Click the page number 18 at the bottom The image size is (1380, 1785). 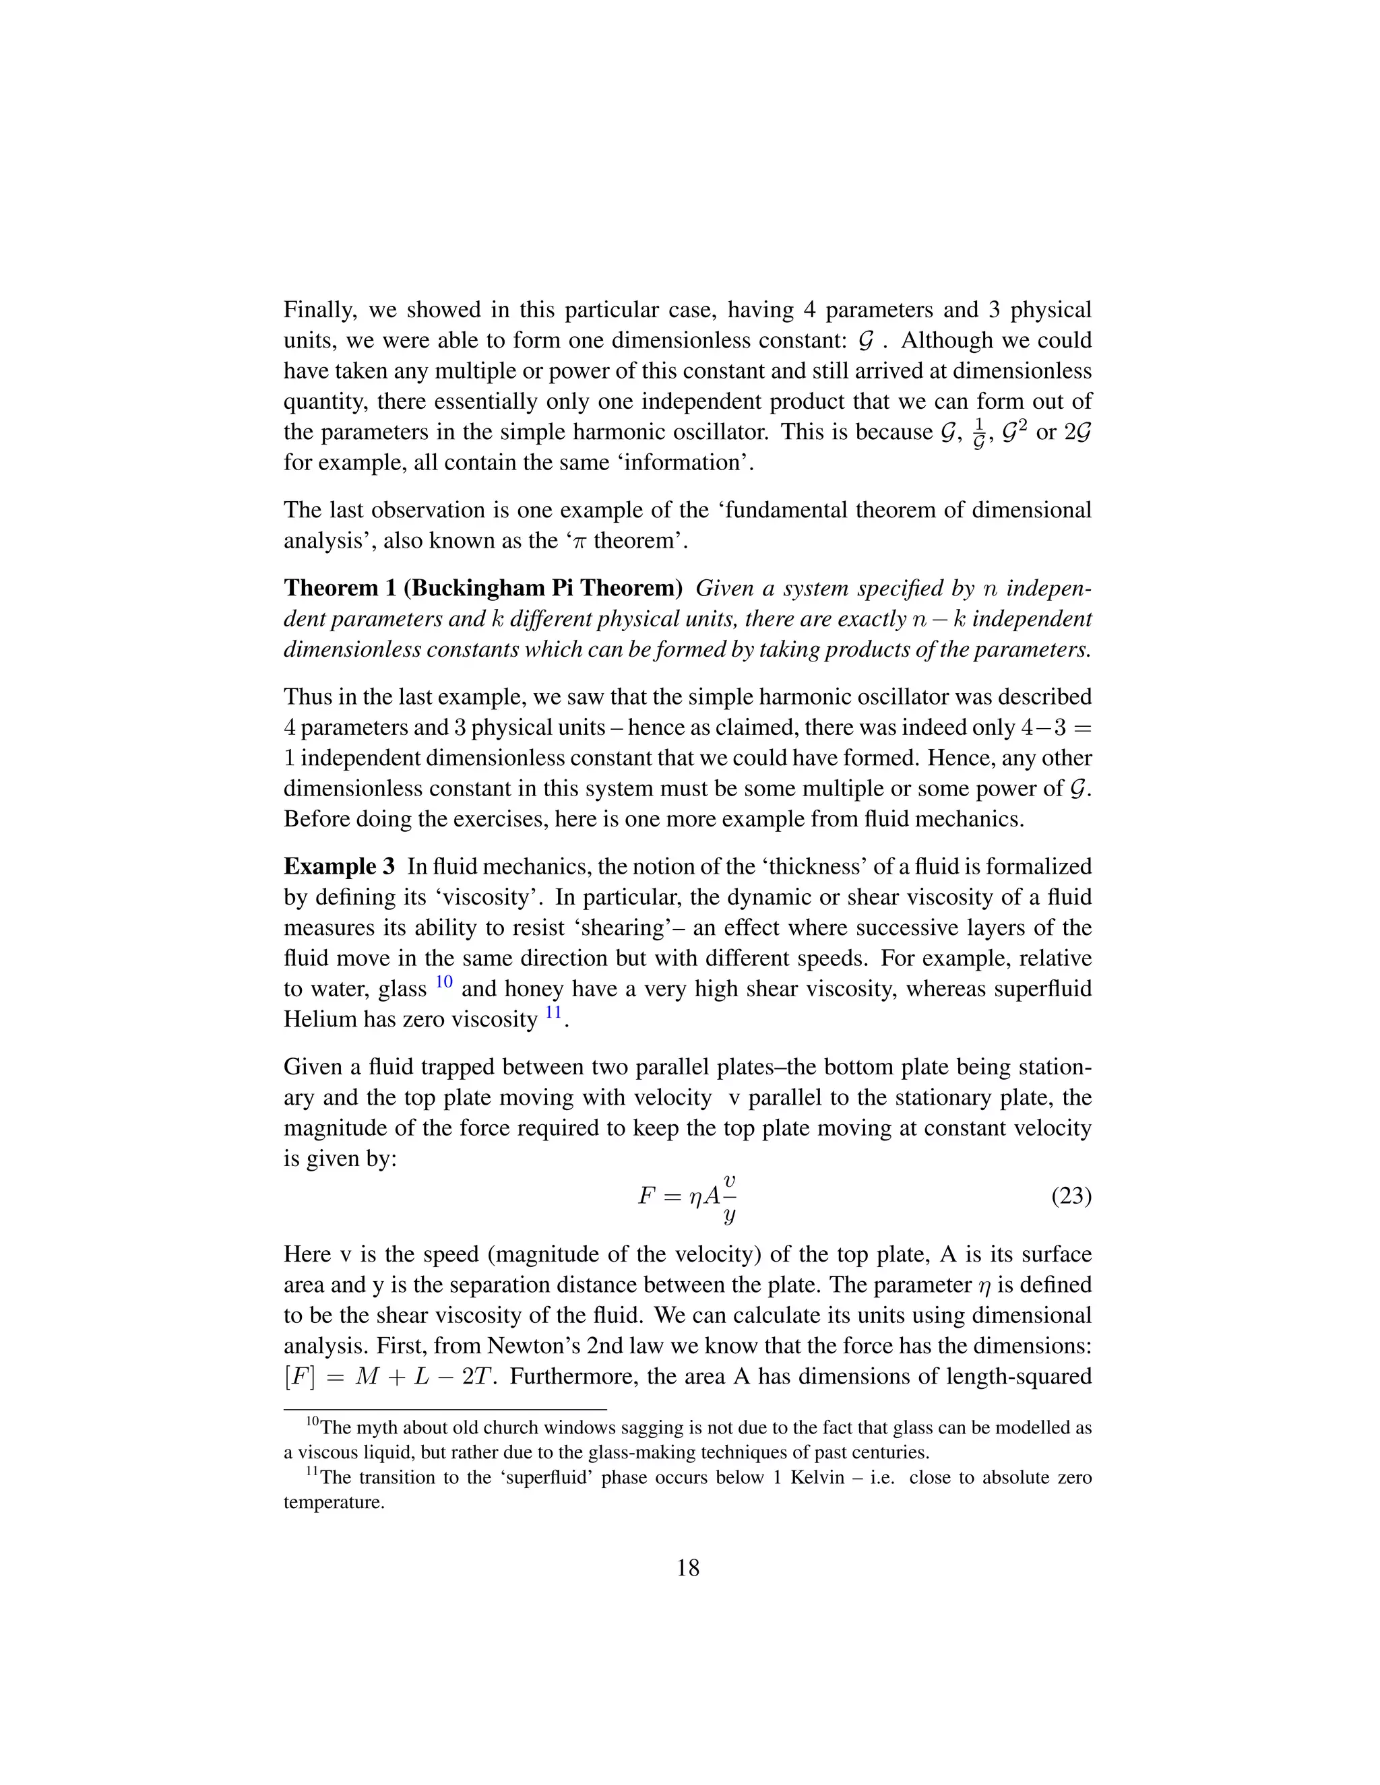coord(689,1567)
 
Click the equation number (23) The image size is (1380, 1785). coord(1071,1196)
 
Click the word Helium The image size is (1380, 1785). coord(321,1020)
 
